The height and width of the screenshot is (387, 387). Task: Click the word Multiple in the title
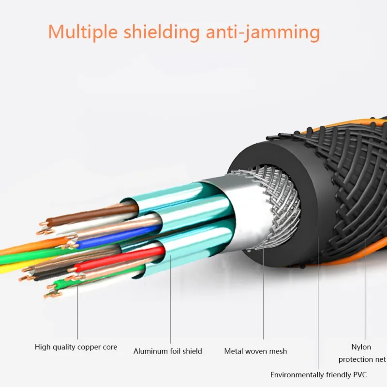(x=83, y=32)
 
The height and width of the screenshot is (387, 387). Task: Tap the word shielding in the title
(x=162, y=32)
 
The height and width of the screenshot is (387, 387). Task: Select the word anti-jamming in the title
(x=263, y=32)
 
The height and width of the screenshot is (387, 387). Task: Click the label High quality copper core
(x=76, y=347)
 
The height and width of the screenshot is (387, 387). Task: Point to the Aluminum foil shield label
(x=167, y=351)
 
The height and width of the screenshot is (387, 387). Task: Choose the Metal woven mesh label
(x=255, y=351)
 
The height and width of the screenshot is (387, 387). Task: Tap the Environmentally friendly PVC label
(x=318, y=374)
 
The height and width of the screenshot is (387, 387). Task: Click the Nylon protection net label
(x=362, y=353)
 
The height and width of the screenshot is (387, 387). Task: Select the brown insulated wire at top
(x=92, y=214)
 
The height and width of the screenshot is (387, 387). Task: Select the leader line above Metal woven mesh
(x=263, y=293)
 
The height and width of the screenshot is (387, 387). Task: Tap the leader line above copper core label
(x=77, y=312)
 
